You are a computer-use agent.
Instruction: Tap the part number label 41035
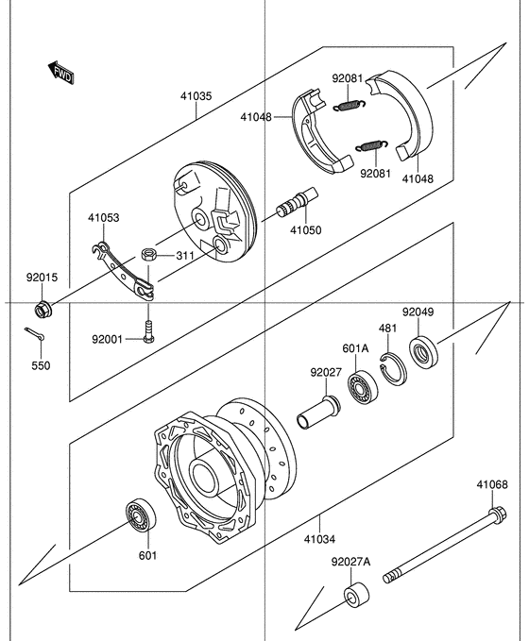coord(196,95)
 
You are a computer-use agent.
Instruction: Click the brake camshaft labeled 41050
coord(297,205)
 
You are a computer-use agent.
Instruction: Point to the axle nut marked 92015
coord(42,308)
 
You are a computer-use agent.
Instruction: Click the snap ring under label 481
coord(392,368)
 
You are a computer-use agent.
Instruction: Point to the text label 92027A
coord(350,562)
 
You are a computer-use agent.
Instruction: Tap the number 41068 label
coord(491,484)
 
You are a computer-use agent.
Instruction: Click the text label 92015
coord(42,278)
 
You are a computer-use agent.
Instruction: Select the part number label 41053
coord(104,217)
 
